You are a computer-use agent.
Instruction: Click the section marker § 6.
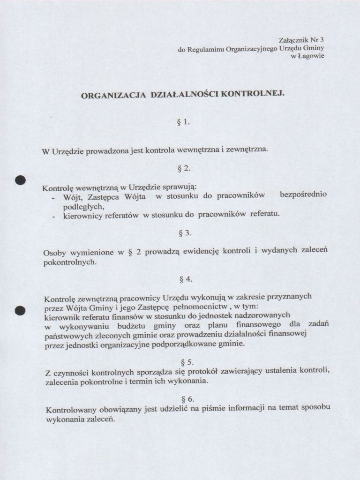click(x=187, y=399)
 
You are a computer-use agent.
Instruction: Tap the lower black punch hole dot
click(x=19, y=310)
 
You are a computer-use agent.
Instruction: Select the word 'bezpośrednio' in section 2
click(x=303, y=195)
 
